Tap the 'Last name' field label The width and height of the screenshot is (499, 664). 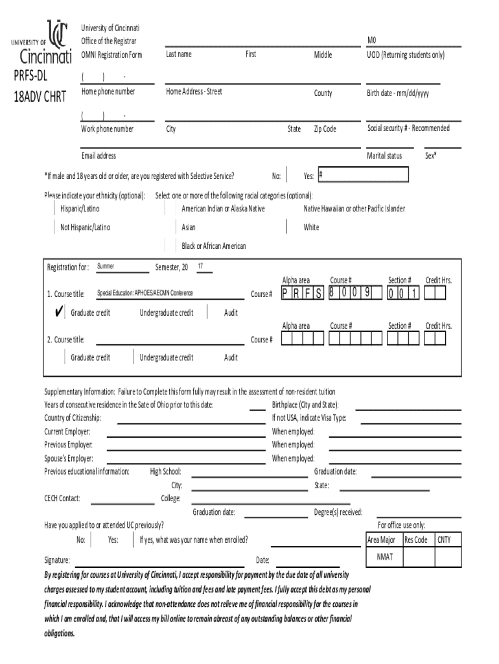(178, 54)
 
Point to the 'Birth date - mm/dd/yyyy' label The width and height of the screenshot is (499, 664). (397, 93)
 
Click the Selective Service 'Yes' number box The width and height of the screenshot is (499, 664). (363, 175)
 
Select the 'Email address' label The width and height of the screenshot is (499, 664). (99, 156)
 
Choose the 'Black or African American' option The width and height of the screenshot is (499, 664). (213, 246)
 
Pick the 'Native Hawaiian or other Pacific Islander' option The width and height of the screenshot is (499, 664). (354, 209)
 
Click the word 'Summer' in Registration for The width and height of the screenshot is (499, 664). (106, 267)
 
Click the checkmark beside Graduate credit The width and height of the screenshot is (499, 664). (60, 313)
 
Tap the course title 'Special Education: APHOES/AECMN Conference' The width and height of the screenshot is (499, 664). (145, 294)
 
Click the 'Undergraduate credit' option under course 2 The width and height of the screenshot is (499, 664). (166, 357)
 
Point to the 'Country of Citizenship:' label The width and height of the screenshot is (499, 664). (73, 418)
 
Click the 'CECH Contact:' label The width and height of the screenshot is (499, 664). (62, 499)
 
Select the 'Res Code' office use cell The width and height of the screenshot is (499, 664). (415, 540)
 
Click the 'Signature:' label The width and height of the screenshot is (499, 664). (57, 560)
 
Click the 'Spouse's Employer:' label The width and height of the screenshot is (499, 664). (69, 458)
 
